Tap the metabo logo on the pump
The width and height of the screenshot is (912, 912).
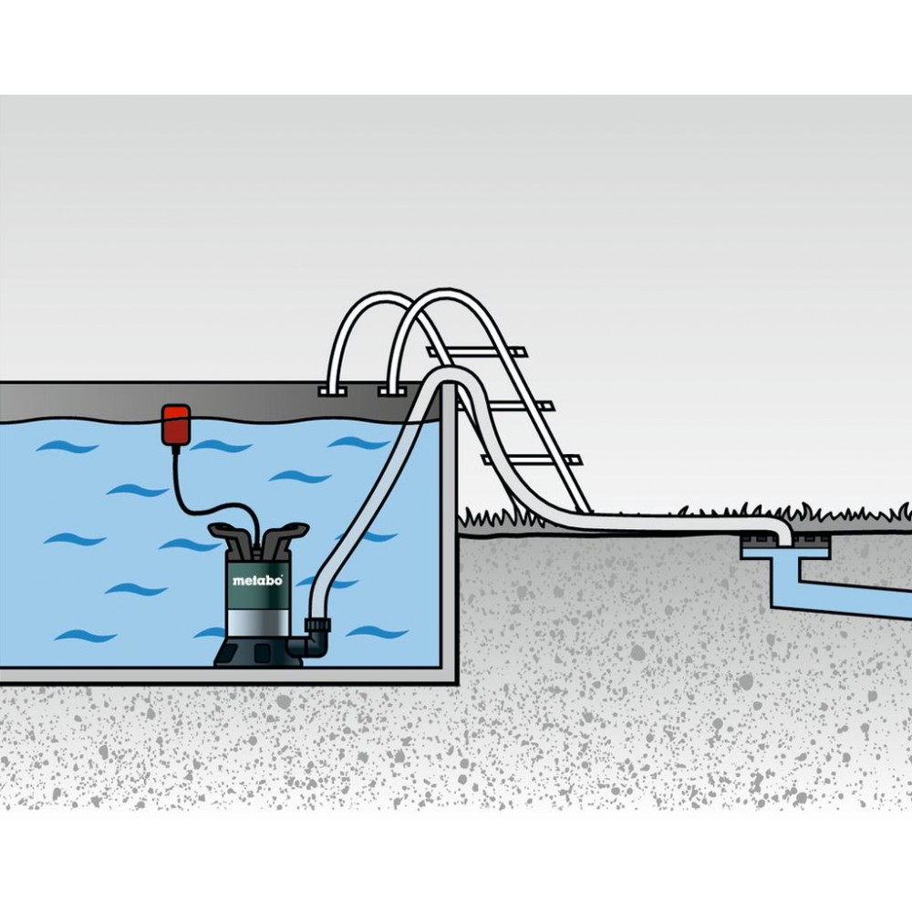coord(258,580)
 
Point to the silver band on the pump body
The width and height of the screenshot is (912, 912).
coord(258,621)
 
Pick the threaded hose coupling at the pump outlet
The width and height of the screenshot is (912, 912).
coord(318,627)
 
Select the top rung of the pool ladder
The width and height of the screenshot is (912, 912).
coord(476,352)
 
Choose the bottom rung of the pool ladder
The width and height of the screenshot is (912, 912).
coord(532,461)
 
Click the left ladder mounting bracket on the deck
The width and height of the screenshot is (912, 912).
coord(333,391)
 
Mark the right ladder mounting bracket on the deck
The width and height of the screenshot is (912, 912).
coord(392,391)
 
